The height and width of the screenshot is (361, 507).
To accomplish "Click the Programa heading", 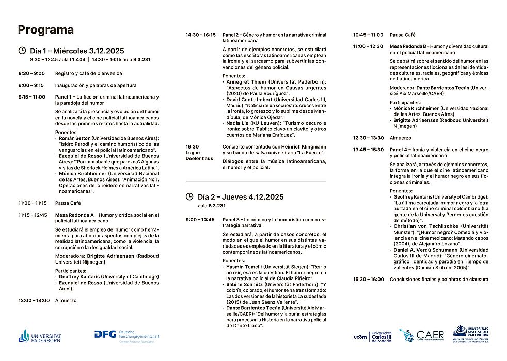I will (45, 30).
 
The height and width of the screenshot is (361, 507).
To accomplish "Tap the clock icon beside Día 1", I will (22, 51).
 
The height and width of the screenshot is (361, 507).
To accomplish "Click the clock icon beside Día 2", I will (190, 196).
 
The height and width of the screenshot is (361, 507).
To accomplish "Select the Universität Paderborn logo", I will (40, 336).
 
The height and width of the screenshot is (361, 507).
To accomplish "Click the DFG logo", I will (127, 336).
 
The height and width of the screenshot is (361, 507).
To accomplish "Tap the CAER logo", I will (422, 336).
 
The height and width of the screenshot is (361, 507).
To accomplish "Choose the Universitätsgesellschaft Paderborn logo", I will (471, 334).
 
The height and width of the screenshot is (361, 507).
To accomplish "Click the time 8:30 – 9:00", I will (31, 73).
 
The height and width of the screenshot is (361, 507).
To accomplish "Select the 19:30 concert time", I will (193, 146).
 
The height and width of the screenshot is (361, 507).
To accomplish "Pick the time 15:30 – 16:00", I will (368, 280).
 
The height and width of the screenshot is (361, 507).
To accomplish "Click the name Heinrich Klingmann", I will (307, 146).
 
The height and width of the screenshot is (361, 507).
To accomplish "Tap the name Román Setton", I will (74, 139).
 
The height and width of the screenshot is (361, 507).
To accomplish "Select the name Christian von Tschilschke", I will (422, 226).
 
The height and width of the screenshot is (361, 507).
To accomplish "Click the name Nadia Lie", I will (237, 123).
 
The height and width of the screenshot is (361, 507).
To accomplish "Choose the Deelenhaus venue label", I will (199, 158).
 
